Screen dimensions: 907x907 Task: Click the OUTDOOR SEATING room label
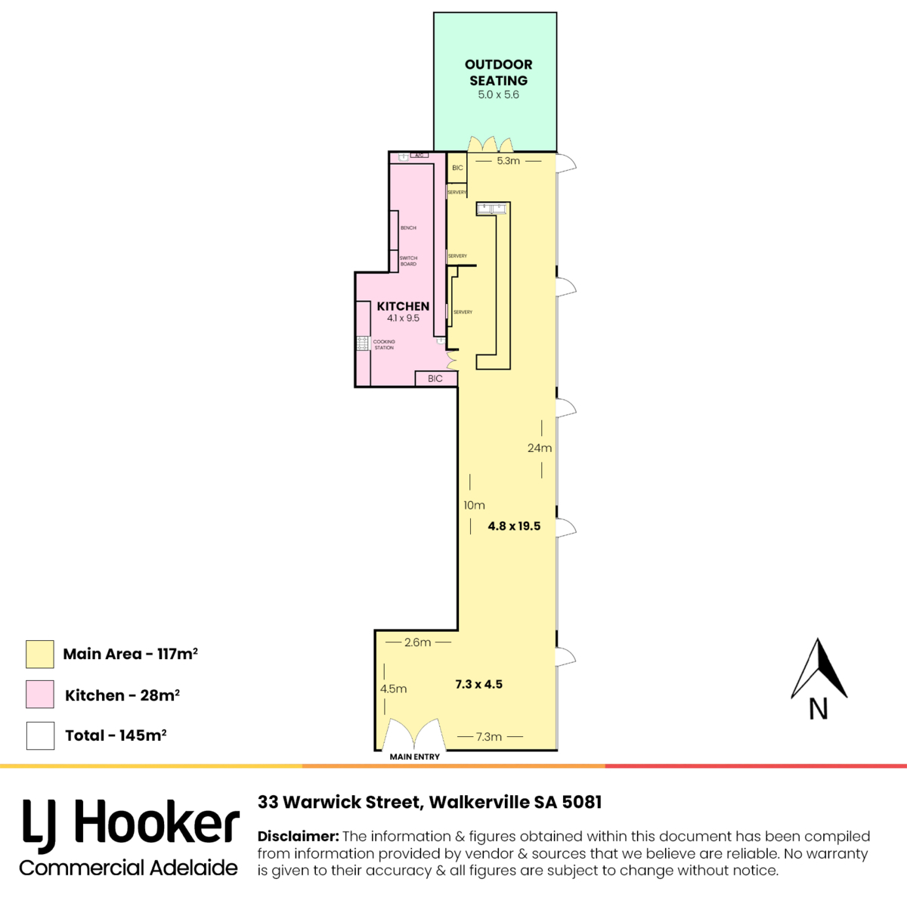point(498,73)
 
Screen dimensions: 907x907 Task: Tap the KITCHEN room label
point(403,306)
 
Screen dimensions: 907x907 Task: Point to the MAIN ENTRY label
point(414,757)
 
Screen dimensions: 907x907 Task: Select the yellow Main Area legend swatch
point(40,655)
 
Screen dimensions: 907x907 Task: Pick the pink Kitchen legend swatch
point(40,695)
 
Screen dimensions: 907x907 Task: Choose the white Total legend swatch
point(40,735)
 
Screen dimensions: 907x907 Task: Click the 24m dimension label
point(540,448)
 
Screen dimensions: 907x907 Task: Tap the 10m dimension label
point(474,505)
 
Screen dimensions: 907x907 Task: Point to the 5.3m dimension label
point(508,161)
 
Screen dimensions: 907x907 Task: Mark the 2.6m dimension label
point(417,642)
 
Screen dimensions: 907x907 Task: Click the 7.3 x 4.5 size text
point(478,684)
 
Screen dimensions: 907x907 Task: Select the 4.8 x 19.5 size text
point(514,526)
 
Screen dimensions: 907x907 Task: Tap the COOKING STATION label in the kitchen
point(384,345)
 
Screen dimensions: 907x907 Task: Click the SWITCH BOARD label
point(408,261)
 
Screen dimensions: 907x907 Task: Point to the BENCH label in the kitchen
point(408,228)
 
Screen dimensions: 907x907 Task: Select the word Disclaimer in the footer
point(298,837)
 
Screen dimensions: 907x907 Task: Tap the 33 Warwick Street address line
point(429,802)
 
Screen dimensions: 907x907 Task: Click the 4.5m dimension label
point(393,689)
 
